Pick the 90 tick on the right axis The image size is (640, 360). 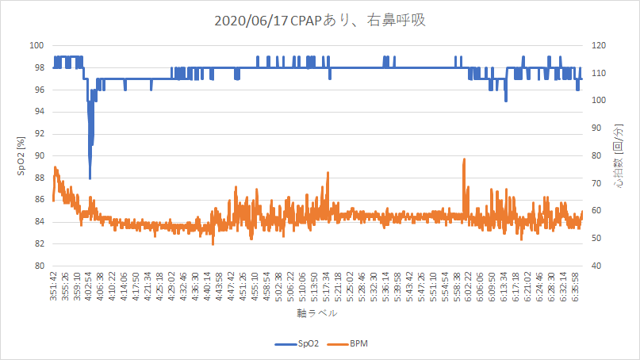pos(595,128)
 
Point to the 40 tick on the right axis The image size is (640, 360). pos(595,266)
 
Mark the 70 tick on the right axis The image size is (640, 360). pos(595,183)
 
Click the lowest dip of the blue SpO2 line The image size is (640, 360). pos(90,178)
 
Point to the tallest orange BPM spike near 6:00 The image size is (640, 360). pos(463,159)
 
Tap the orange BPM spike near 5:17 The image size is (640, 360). pos(327,173)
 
